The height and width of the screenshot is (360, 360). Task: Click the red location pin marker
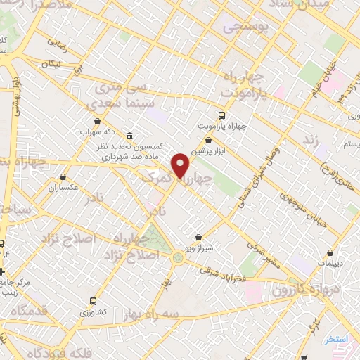(x=181, y=165)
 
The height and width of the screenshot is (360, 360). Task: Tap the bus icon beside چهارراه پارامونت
(x=222, y=115)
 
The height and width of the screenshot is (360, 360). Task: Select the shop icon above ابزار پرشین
(x=210, y=141)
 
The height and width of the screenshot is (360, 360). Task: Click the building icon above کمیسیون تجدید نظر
(x=130, y=136)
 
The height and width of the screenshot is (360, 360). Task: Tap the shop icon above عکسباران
(x=64, y=177)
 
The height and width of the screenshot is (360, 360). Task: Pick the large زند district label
(x=310, y=141)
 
